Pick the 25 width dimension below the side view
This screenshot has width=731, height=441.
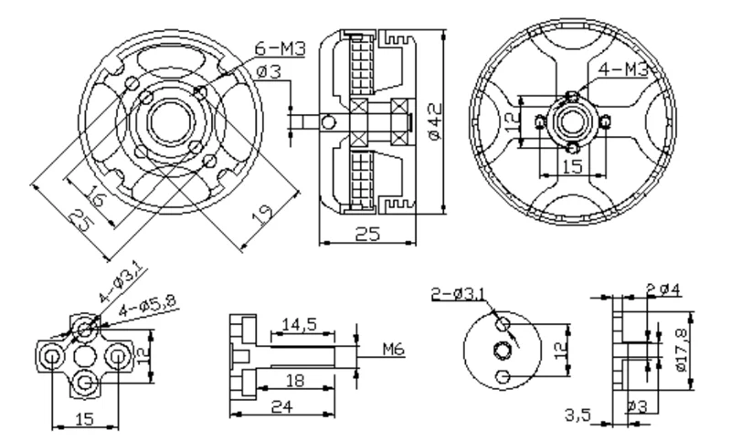(x=366, y=235)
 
